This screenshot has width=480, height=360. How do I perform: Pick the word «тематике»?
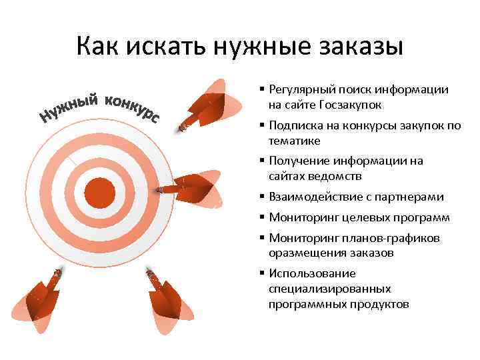pos(294,141)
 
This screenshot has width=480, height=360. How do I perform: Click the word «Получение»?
pos(297,161)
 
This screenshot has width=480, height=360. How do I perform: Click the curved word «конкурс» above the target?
pos(132,108)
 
